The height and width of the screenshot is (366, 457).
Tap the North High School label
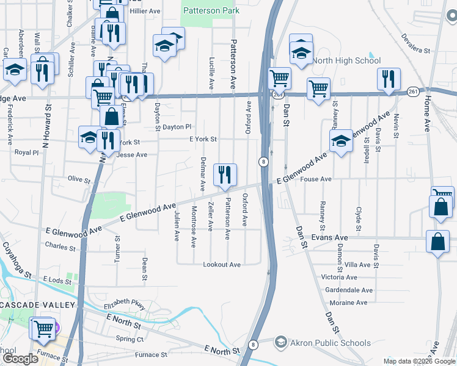(x=346, y=60)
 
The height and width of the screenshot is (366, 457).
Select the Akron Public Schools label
(x=331, y=343)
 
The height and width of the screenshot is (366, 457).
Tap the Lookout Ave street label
(x=222, y=265)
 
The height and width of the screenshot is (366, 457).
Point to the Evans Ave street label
(x=329, y=237)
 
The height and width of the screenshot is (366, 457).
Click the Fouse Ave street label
(x=316, y=179)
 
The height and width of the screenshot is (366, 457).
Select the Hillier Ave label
(x=144, y=11)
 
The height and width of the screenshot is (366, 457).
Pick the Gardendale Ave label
(x=349, y=290)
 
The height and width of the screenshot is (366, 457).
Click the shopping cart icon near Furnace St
(x=43, y=328)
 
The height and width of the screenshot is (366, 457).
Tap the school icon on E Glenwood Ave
(x=341, y=142)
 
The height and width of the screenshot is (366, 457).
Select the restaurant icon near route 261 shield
(x=389, y=78)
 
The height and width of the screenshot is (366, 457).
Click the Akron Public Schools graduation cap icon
(x=281, y=342)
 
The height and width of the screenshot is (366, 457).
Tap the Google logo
(x=20, y=359)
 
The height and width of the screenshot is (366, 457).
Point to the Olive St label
(x=79, y=180)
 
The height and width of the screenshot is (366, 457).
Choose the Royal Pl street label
(x=26, y=152)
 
